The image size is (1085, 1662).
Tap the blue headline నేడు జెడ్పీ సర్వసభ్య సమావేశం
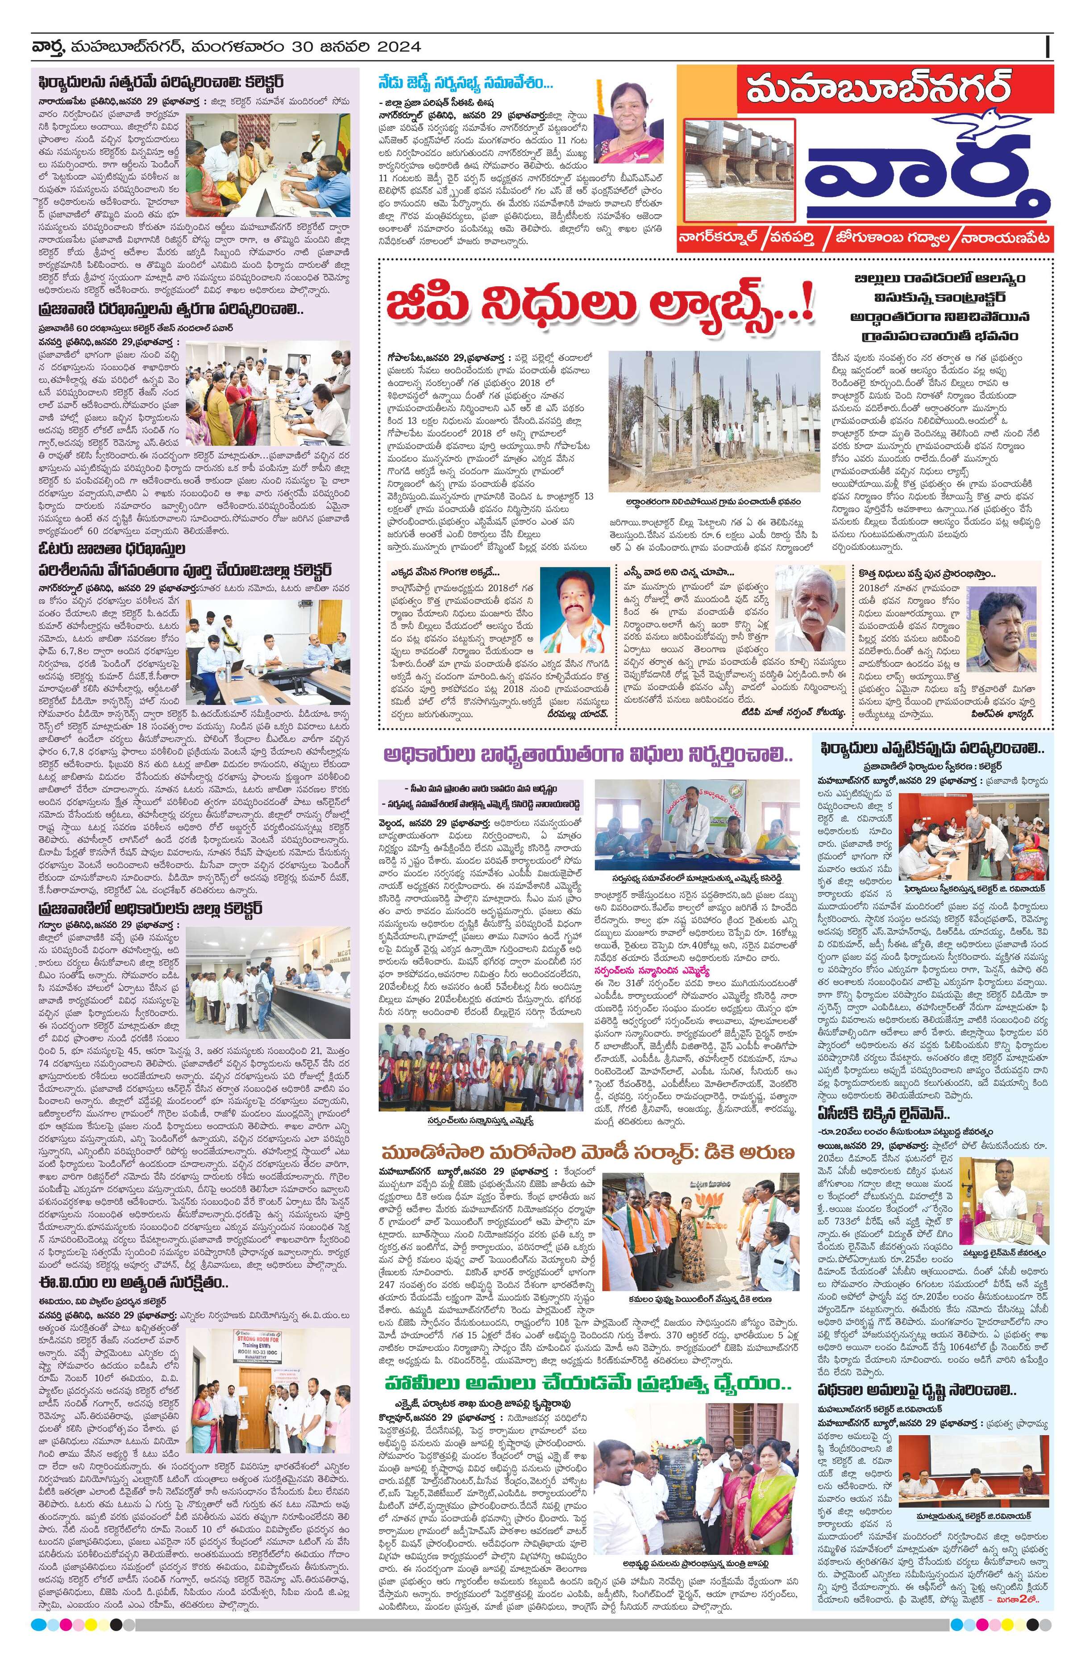[x=464, y=83]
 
